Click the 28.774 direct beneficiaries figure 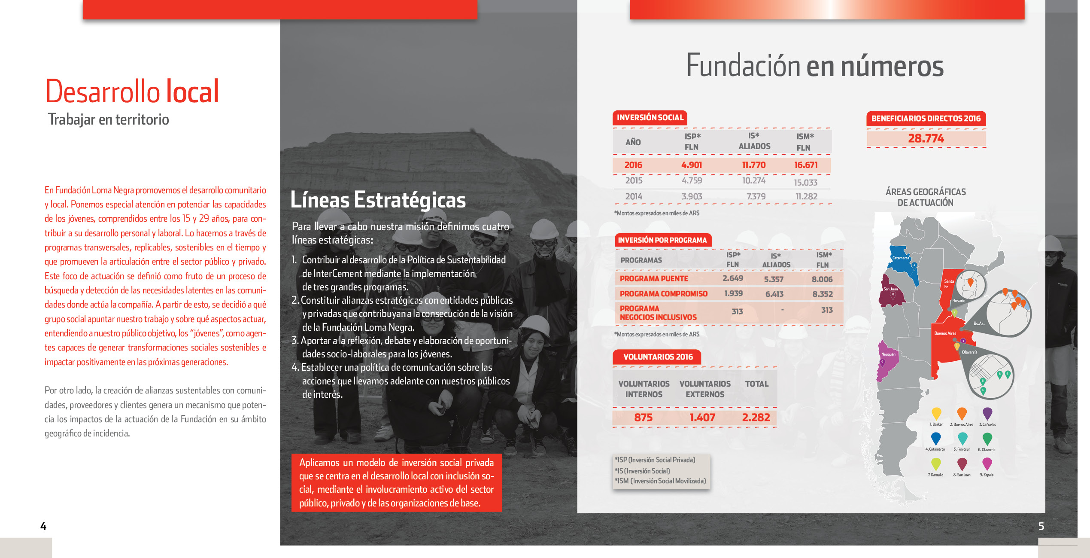[x=926, y=138]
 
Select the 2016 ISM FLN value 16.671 [x=805, y=165]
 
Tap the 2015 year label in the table [x=634, y=180]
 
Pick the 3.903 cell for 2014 [x=692, y=196]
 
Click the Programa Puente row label [x=654, y=279]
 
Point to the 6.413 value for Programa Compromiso [x=774, y=294]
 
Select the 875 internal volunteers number [x=643, y=417]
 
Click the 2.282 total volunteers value [x=756, y=417]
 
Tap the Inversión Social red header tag [x=650, y=118]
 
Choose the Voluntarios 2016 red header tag [x=658, y=357]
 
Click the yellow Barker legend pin [x=936, y=414]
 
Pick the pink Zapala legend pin [x=987, y=463]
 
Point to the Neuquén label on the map [x=888, y=354]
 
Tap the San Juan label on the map [x=890, y=289]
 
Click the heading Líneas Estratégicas [x=378, y=200]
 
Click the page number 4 [x=43, y=526]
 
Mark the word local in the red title [x=192, y=91]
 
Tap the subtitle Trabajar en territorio [x=108, y=119]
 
